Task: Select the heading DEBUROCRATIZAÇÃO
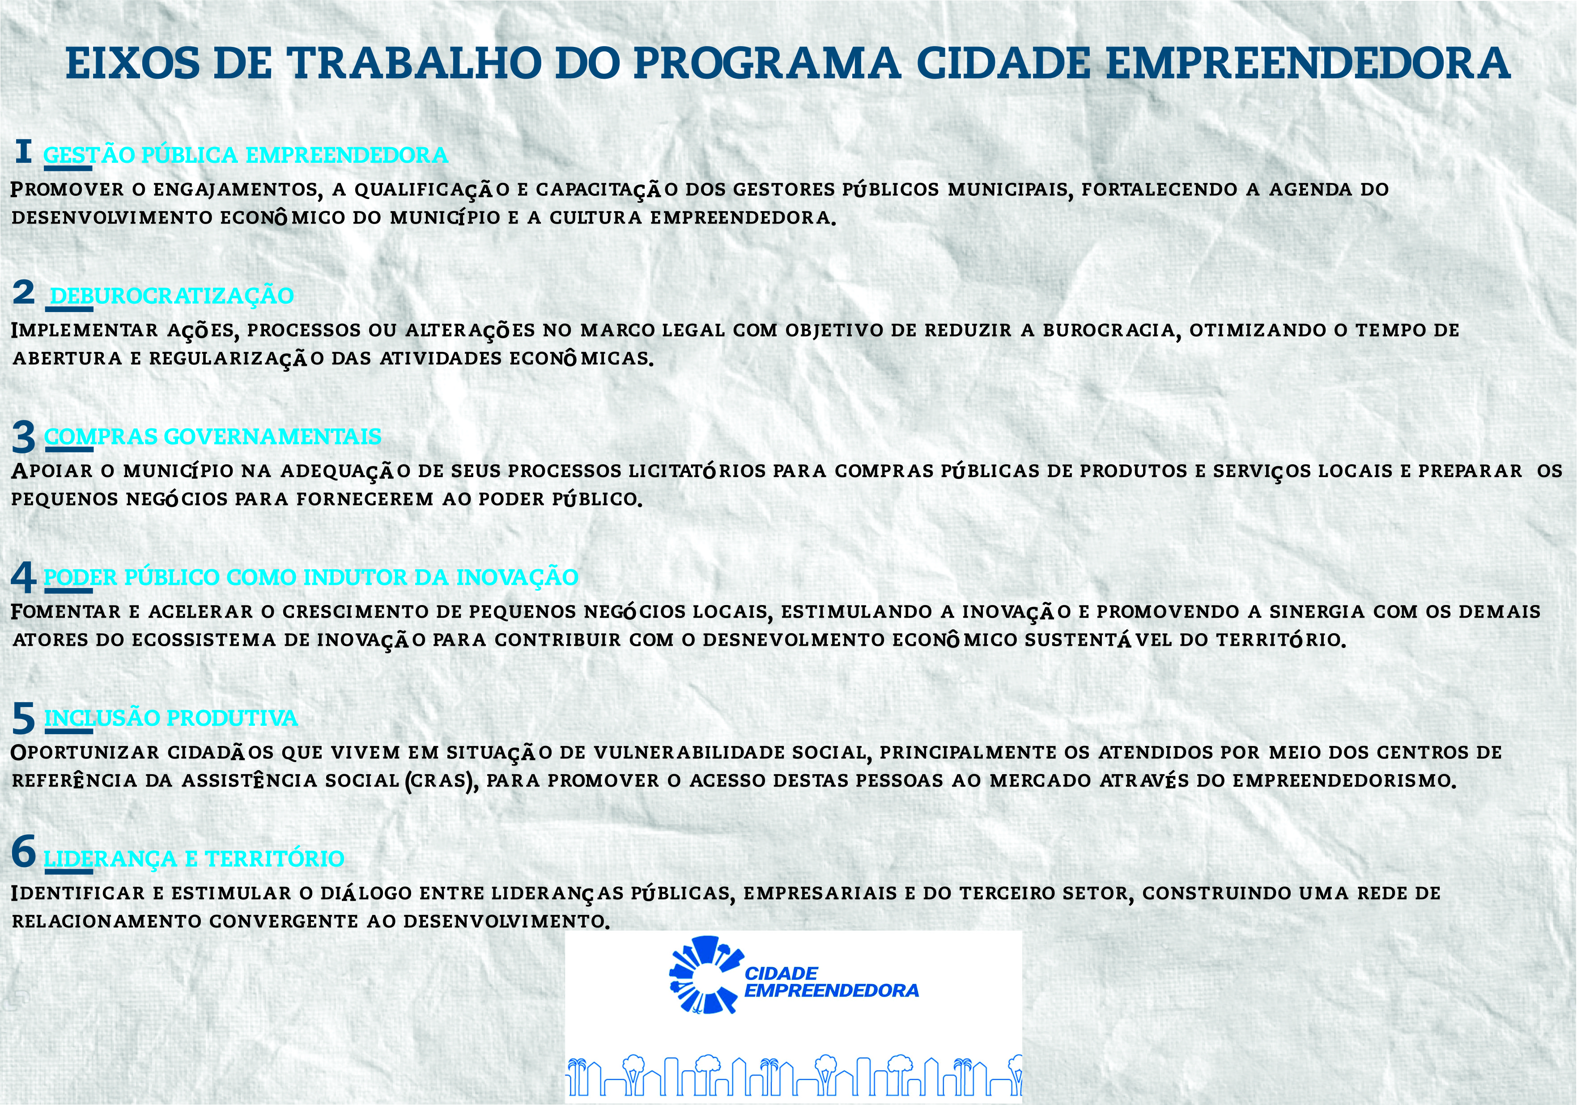pyautogui.click(x=172, y=295)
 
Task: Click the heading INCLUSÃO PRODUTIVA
pyautogui.click(x=171, y=718)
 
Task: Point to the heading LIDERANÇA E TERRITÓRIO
pyautogui.click(x=194, y=859)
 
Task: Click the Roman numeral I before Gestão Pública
pyautogui.click(x=23, y=152)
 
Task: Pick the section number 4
pyautogui.click(x=23, y=578)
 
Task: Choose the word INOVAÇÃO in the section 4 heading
pyautogui.click(x=517, y=577)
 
